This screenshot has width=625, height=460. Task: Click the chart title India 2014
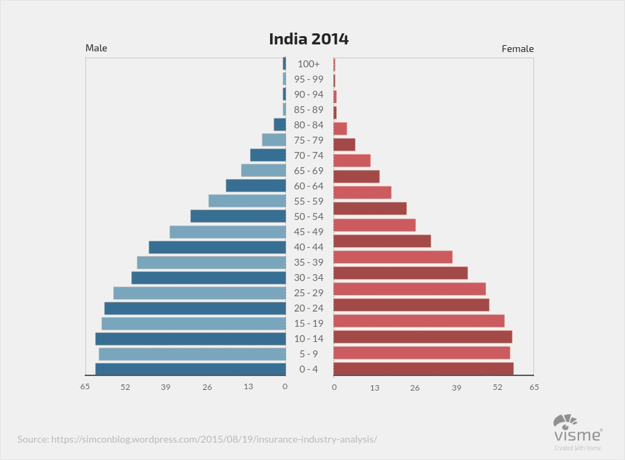[x=309, y=39]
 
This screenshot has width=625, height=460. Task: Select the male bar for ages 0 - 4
[x=190, y=369]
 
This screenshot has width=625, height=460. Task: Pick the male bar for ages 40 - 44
[x=217, y=247]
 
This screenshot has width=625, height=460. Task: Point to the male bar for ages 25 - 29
[x=199, y=293]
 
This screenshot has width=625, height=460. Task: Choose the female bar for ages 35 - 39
[x=393, y=257]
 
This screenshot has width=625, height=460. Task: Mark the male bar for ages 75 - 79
[x=274, y=139]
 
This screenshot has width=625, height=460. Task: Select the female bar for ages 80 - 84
[x=340, y=128]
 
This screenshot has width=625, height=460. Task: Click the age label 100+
[x=309, y=64]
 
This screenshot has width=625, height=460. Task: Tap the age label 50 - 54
[x=309, y=216]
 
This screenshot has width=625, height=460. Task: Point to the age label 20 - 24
[x=309, y=308]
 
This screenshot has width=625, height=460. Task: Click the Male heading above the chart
[x=97, y=48]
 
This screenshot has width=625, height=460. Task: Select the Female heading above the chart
[x=517, y=49]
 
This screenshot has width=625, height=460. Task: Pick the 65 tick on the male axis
[x=85, y=387]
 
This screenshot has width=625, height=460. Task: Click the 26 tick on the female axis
[x=415, y=387]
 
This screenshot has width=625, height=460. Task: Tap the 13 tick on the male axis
[x=248, y=387]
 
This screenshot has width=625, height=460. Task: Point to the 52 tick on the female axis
[x=497, y=387]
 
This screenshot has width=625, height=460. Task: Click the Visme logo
[x=577, y=430]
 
